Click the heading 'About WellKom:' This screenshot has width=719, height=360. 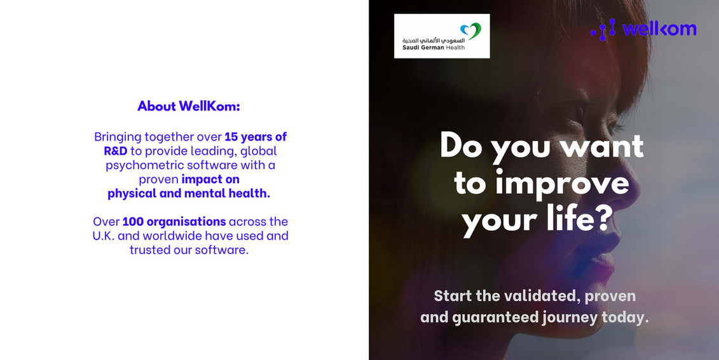click(x=189, y=106)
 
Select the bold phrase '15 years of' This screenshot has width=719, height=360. click(x=256, y=137)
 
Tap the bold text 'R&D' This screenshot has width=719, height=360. click(x=116, y=151)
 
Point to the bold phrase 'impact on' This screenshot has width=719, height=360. click(x=210, y=179)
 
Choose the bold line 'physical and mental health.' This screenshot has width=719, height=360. click(x=189, y=193)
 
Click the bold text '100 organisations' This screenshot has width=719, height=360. click(x=174, y=221)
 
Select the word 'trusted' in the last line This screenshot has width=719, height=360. click(x=152, y=249)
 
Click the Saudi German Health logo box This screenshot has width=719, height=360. click(x=442, y=36)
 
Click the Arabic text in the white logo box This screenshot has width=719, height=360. click(x=430, y=39)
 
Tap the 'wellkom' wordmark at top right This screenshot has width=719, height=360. click(x=659, y=29)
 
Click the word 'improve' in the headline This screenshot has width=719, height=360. click(x=562, y=183)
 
